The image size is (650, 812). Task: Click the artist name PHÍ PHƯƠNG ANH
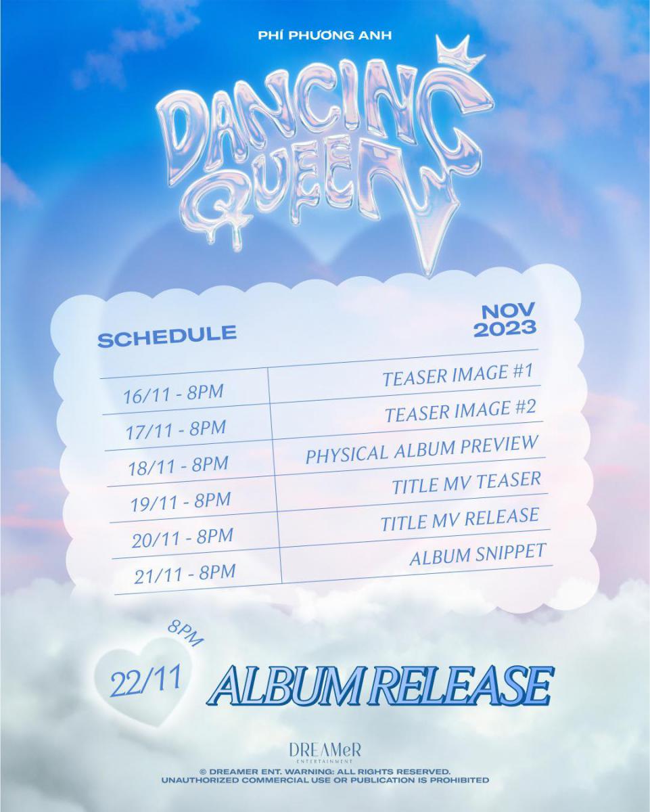tap(325, 35)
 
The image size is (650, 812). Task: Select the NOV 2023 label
tap(505, 320)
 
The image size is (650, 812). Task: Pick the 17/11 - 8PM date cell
tap(176, 429)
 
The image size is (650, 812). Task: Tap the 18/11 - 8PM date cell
tap(179, 465)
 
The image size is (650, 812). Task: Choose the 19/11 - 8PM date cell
tap(181, 501)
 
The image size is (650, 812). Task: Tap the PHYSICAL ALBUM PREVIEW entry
tap(422, 449)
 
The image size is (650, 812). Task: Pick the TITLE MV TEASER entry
tap(466, 482)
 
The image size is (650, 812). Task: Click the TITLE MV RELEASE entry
tap(460, 519)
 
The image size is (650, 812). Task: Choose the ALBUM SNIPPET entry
tap(478, 554)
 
